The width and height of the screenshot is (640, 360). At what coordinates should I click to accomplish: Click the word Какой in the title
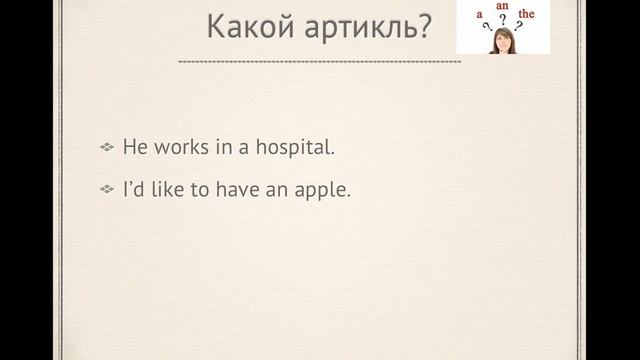coord(243,27)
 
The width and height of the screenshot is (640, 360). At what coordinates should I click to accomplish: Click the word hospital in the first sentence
coord(297,147)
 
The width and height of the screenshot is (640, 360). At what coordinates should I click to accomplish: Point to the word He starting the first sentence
coord(134,147)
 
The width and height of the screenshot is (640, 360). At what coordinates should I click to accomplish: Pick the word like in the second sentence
coord(164,188)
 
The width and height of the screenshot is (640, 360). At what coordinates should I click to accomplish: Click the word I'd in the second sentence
coord(133,188)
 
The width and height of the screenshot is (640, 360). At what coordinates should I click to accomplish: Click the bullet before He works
coord(107,148)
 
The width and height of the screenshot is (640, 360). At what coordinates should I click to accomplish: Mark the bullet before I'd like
coord(107,189)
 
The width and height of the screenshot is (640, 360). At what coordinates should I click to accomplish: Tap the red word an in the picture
coord(503,6)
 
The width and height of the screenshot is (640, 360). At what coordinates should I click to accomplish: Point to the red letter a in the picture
coord(466,16)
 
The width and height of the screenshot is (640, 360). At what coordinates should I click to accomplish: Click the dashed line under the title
coord(319,62)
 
